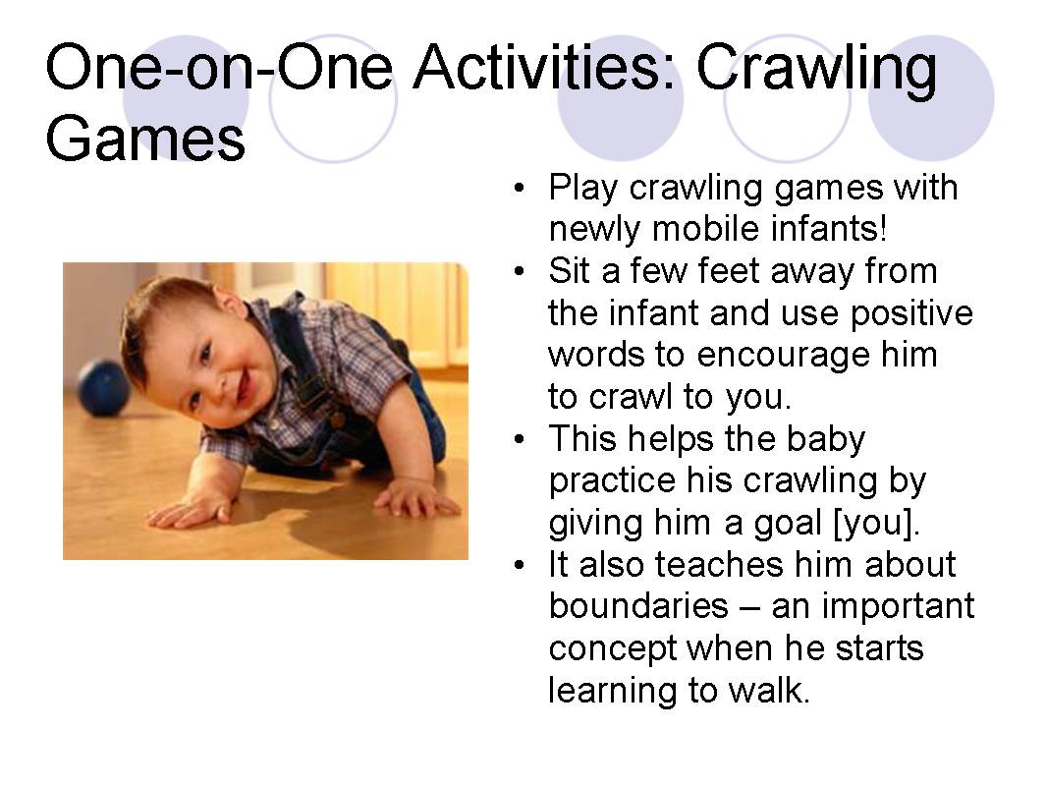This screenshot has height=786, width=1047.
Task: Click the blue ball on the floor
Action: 103,387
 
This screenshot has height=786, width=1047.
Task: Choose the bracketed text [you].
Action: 876,522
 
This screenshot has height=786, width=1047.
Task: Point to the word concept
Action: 611,648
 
